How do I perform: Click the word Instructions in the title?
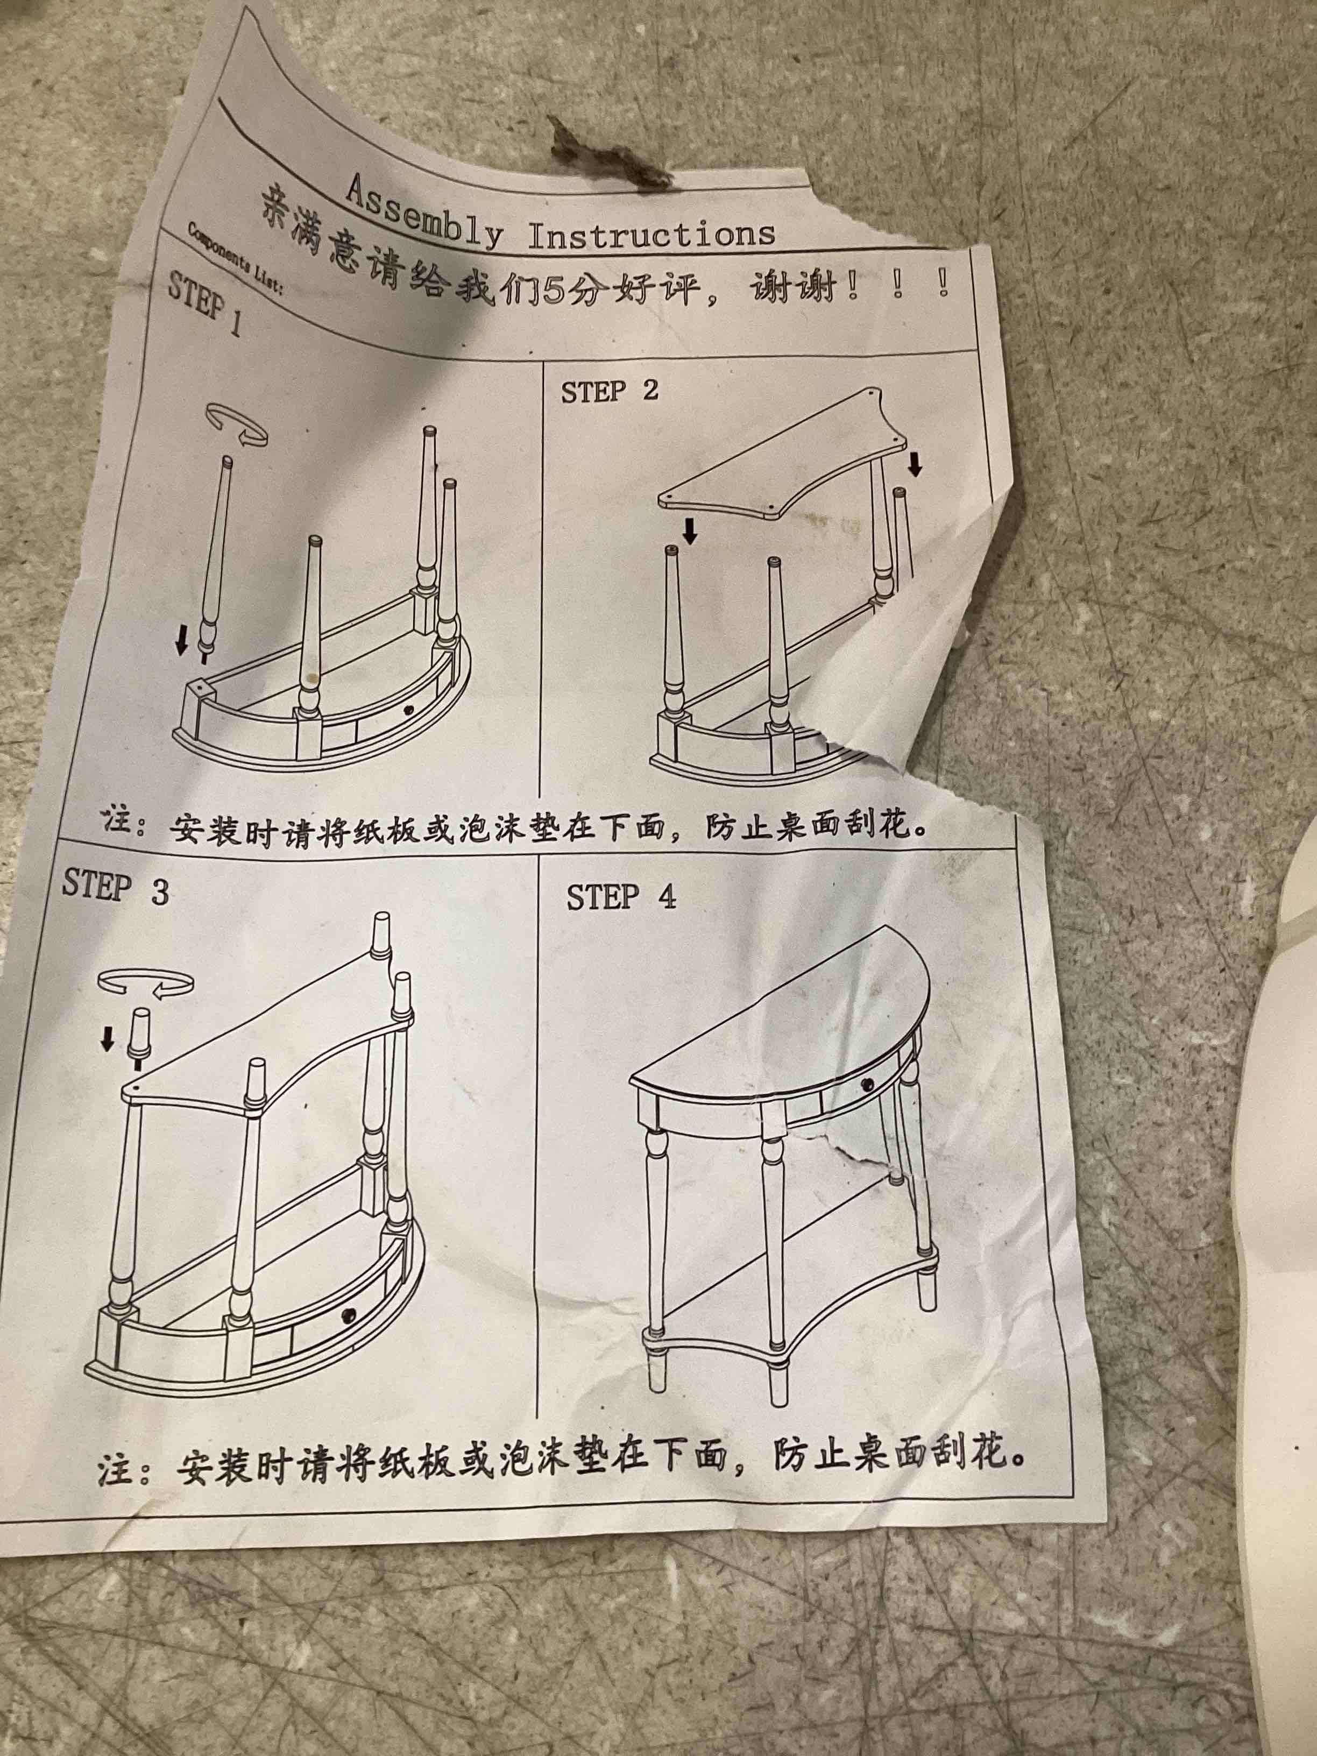(651, 234)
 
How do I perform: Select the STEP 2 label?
(609, 391)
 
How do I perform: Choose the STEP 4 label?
(621, 896)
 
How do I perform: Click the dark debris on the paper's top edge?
(611, 155)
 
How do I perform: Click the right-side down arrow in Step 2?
(915, 464)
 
